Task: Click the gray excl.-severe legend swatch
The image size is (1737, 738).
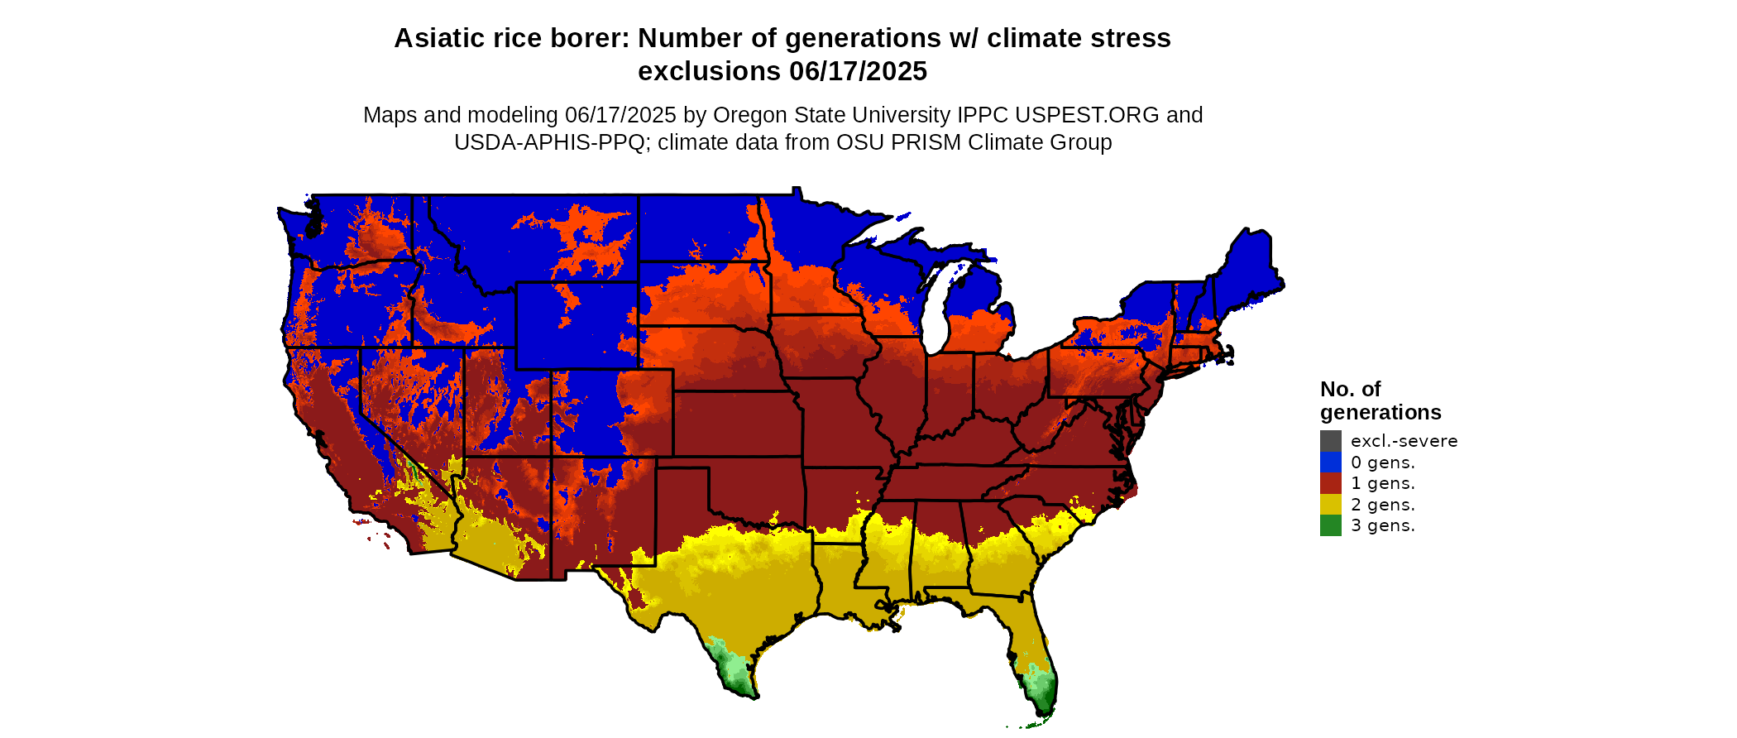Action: coord(1330,441)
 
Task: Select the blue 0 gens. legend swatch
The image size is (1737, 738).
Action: coord(1330,462)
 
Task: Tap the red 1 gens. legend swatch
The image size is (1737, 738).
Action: coord(1330,483)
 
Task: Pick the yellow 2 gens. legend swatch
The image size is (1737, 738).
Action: coord(1330,505)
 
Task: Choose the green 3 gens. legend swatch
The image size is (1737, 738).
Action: coord(1330,525)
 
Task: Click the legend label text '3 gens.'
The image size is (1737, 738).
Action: coord(1382,525)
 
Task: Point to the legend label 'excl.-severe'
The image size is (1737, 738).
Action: coord(1404,441)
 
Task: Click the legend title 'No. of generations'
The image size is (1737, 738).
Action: coord(1380,400)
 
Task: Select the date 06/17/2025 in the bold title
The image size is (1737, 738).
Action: coord(858,71)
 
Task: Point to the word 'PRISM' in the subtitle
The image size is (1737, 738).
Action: coord(930,142)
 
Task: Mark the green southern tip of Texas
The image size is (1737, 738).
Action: coord(736,674)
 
